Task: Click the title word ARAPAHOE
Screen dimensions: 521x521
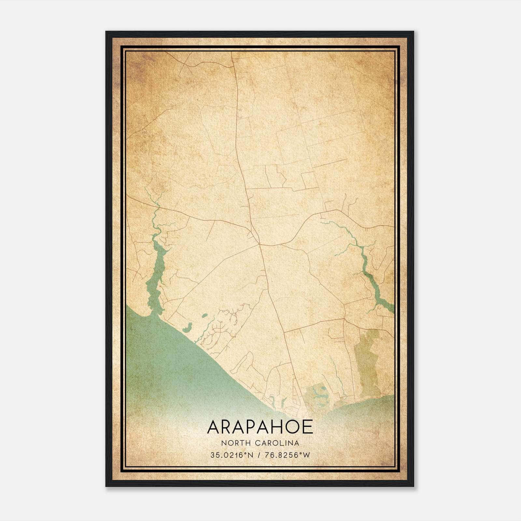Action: click(x=260, y=427)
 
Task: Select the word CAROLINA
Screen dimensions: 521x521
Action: click(x=277, y=443)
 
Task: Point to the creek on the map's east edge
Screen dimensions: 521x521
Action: click(x=374, y=287)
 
